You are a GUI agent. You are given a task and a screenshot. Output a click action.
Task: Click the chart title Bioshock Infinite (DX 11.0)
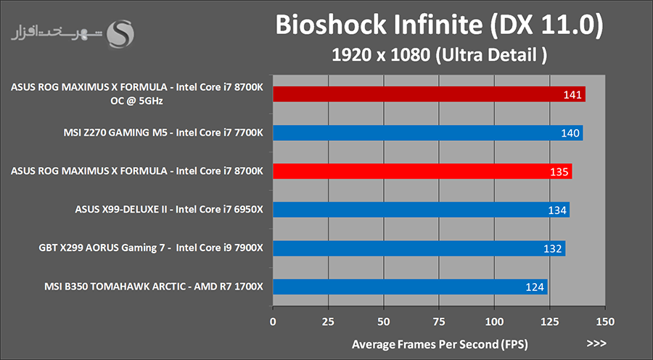click(x=438, y=26)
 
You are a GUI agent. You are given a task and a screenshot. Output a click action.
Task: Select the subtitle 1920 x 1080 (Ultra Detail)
click(x=438, y=54)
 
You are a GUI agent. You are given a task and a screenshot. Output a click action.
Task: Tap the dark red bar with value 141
click(x=429, y=94)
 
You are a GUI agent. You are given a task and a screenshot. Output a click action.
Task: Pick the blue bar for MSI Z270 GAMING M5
click(x=427, y=133)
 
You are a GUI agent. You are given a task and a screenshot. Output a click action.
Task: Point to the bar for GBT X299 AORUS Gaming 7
click(x=419, y=248)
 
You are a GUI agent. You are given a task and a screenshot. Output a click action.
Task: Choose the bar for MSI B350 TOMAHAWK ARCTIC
click(x=410, y=287)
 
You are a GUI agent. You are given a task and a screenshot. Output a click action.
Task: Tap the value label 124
click(x=535, y=287)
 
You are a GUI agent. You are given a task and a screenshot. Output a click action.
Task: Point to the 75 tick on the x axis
click(x=440, y=321)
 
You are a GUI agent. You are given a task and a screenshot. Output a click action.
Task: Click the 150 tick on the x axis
click(x=606, y=321)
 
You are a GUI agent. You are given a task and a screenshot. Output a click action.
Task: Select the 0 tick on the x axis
click(x=273, y=321)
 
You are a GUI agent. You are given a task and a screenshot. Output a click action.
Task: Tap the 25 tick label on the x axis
click(x=329, y=321)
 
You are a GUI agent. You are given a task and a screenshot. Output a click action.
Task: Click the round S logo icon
click(x=120, y=33)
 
